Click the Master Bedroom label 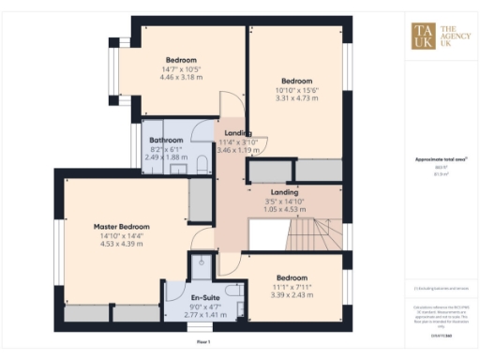pyautogui.click(x=122, y=226)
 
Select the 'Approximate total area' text pyautogui.click(x=442, y=160)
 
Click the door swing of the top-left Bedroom pyautogui.click(x=227, y=104)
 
